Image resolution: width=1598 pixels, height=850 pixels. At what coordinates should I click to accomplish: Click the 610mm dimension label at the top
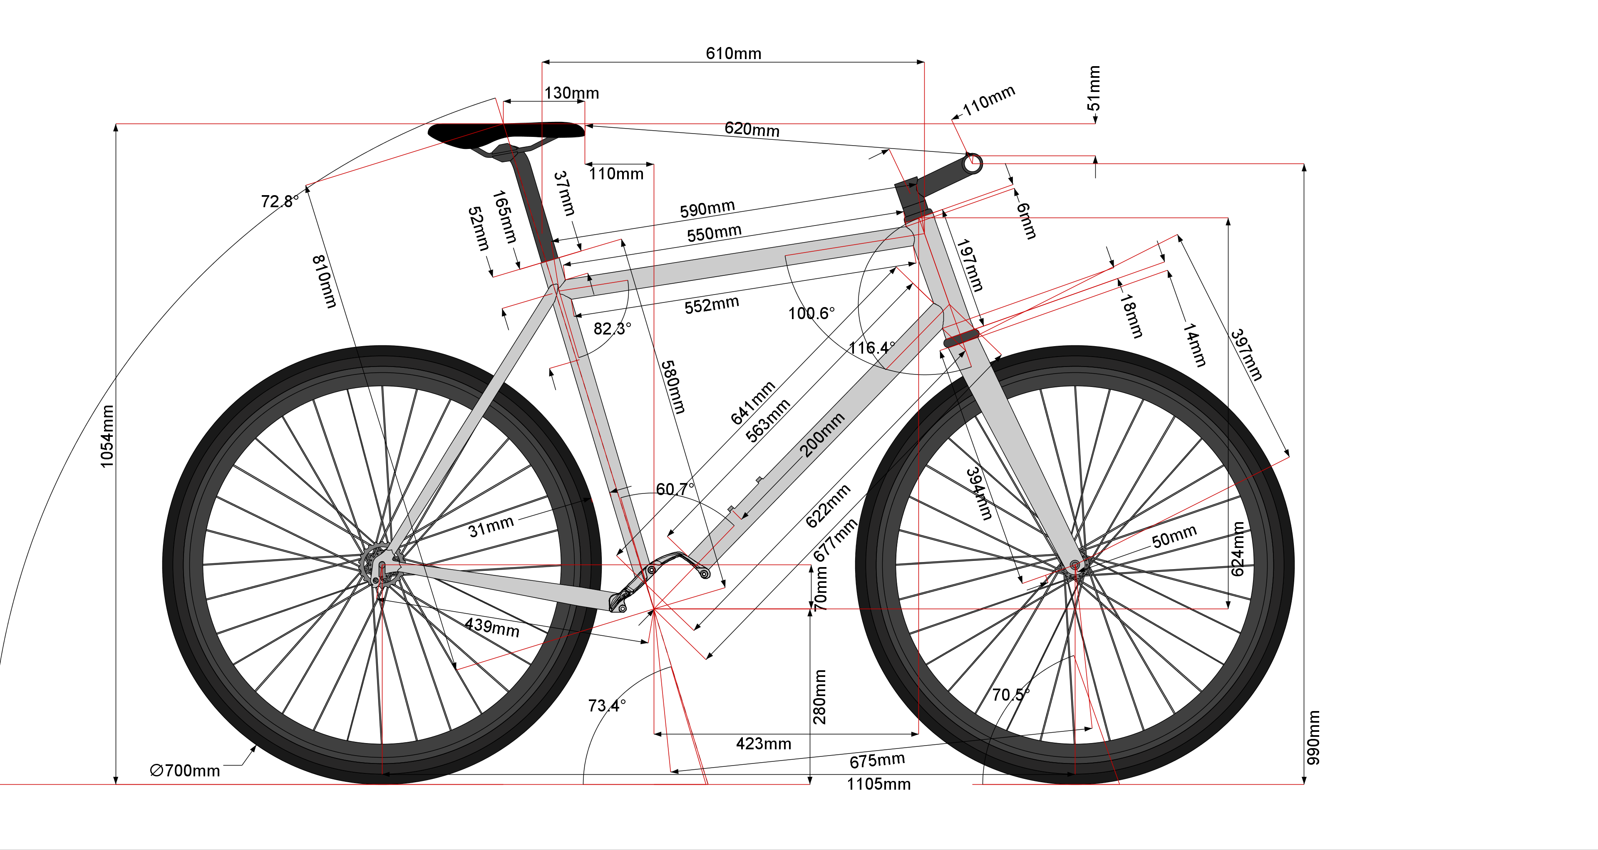pyautogui.click(x=733, y=53)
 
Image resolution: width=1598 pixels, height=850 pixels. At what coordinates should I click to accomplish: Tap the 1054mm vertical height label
pyautogui.click(x=107, y=436)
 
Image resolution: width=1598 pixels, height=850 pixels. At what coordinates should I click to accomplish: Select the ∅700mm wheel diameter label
pyautogui.click(x=185, y=771)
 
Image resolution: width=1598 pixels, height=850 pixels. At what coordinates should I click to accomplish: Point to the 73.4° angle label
pyautogui.click(x=607, y=706)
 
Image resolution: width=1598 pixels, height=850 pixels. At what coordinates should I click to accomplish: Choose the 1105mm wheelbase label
pyautogui.click(x=878, y=784)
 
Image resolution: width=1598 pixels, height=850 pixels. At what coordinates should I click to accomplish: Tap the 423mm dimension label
pyautogui.click(x=763, y=744)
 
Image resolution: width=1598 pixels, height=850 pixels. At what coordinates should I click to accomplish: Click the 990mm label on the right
pyautogui.click(x=1313, y=737)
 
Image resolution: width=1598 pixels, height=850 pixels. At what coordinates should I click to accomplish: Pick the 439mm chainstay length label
pyautogui.click(x=492, y=627)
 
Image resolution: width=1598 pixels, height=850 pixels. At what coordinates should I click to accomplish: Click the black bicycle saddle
pyautogui.click(x=506, y=131)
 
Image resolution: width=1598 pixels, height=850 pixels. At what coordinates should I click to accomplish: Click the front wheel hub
pyautogui.click(x=1075, y=565)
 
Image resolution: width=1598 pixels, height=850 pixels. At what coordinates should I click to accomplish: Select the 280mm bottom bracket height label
pyautogui.click(x=819, y=697)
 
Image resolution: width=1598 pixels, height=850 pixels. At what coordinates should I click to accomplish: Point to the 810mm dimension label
pyautogui.click(x=324, y=282)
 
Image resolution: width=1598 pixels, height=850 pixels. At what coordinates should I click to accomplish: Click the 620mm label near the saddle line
pyautogui.click(x=752, y=129)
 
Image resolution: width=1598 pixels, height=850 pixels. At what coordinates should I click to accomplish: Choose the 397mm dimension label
pyautogui.click(x=1246, y=354)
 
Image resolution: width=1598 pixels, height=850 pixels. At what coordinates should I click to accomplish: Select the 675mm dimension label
pyautogui.click(x=877, y=760)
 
